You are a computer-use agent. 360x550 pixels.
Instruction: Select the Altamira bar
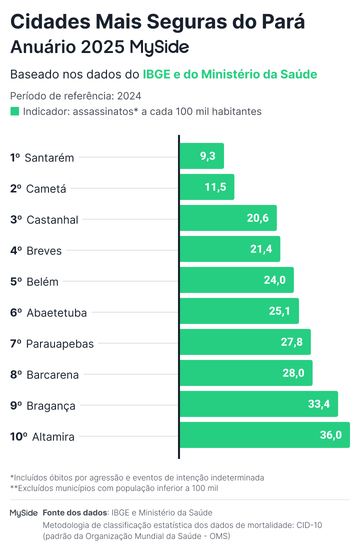point(264,435)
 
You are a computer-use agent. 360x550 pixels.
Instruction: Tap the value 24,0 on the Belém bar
point(274,280)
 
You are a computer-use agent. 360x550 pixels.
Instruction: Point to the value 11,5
point(215,187)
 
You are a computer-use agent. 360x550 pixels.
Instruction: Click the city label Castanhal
point(52,219)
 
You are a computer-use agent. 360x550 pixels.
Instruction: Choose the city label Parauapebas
point(59,343)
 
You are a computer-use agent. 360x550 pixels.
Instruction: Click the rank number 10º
point(18,436)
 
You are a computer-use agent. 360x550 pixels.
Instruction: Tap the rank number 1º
point(15,157)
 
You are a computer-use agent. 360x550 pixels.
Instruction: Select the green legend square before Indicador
point(14,111)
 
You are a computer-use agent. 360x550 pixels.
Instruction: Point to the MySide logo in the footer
point(23,513)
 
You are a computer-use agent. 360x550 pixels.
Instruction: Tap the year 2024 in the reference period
point(129,96)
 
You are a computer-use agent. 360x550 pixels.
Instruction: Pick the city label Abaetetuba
point(56,313)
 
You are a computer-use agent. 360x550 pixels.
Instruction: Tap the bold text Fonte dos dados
point(75,513)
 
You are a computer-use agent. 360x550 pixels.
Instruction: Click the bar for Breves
point(229,249)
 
